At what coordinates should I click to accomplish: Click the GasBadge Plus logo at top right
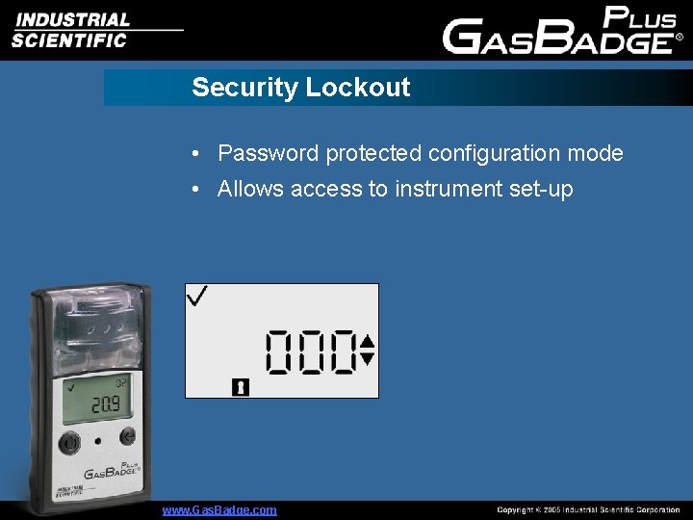562,30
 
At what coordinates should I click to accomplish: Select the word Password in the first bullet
268,153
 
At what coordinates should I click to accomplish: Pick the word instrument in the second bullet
438,190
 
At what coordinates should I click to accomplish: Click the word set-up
540,190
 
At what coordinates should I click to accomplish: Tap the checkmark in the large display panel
198,297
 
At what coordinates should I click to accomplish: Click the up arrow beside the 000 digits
367,340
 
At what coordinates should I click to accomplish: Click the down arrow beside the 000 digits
367,359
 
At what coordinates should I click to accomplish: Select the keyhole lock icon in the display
241,387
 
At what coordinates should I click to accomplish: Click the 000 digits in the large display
311,351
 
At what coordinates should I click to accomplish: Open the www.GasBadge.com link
219,509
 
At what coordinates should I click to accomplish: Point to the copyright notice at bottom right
588,509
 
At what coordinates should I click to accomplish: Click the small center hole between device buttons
98,442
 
